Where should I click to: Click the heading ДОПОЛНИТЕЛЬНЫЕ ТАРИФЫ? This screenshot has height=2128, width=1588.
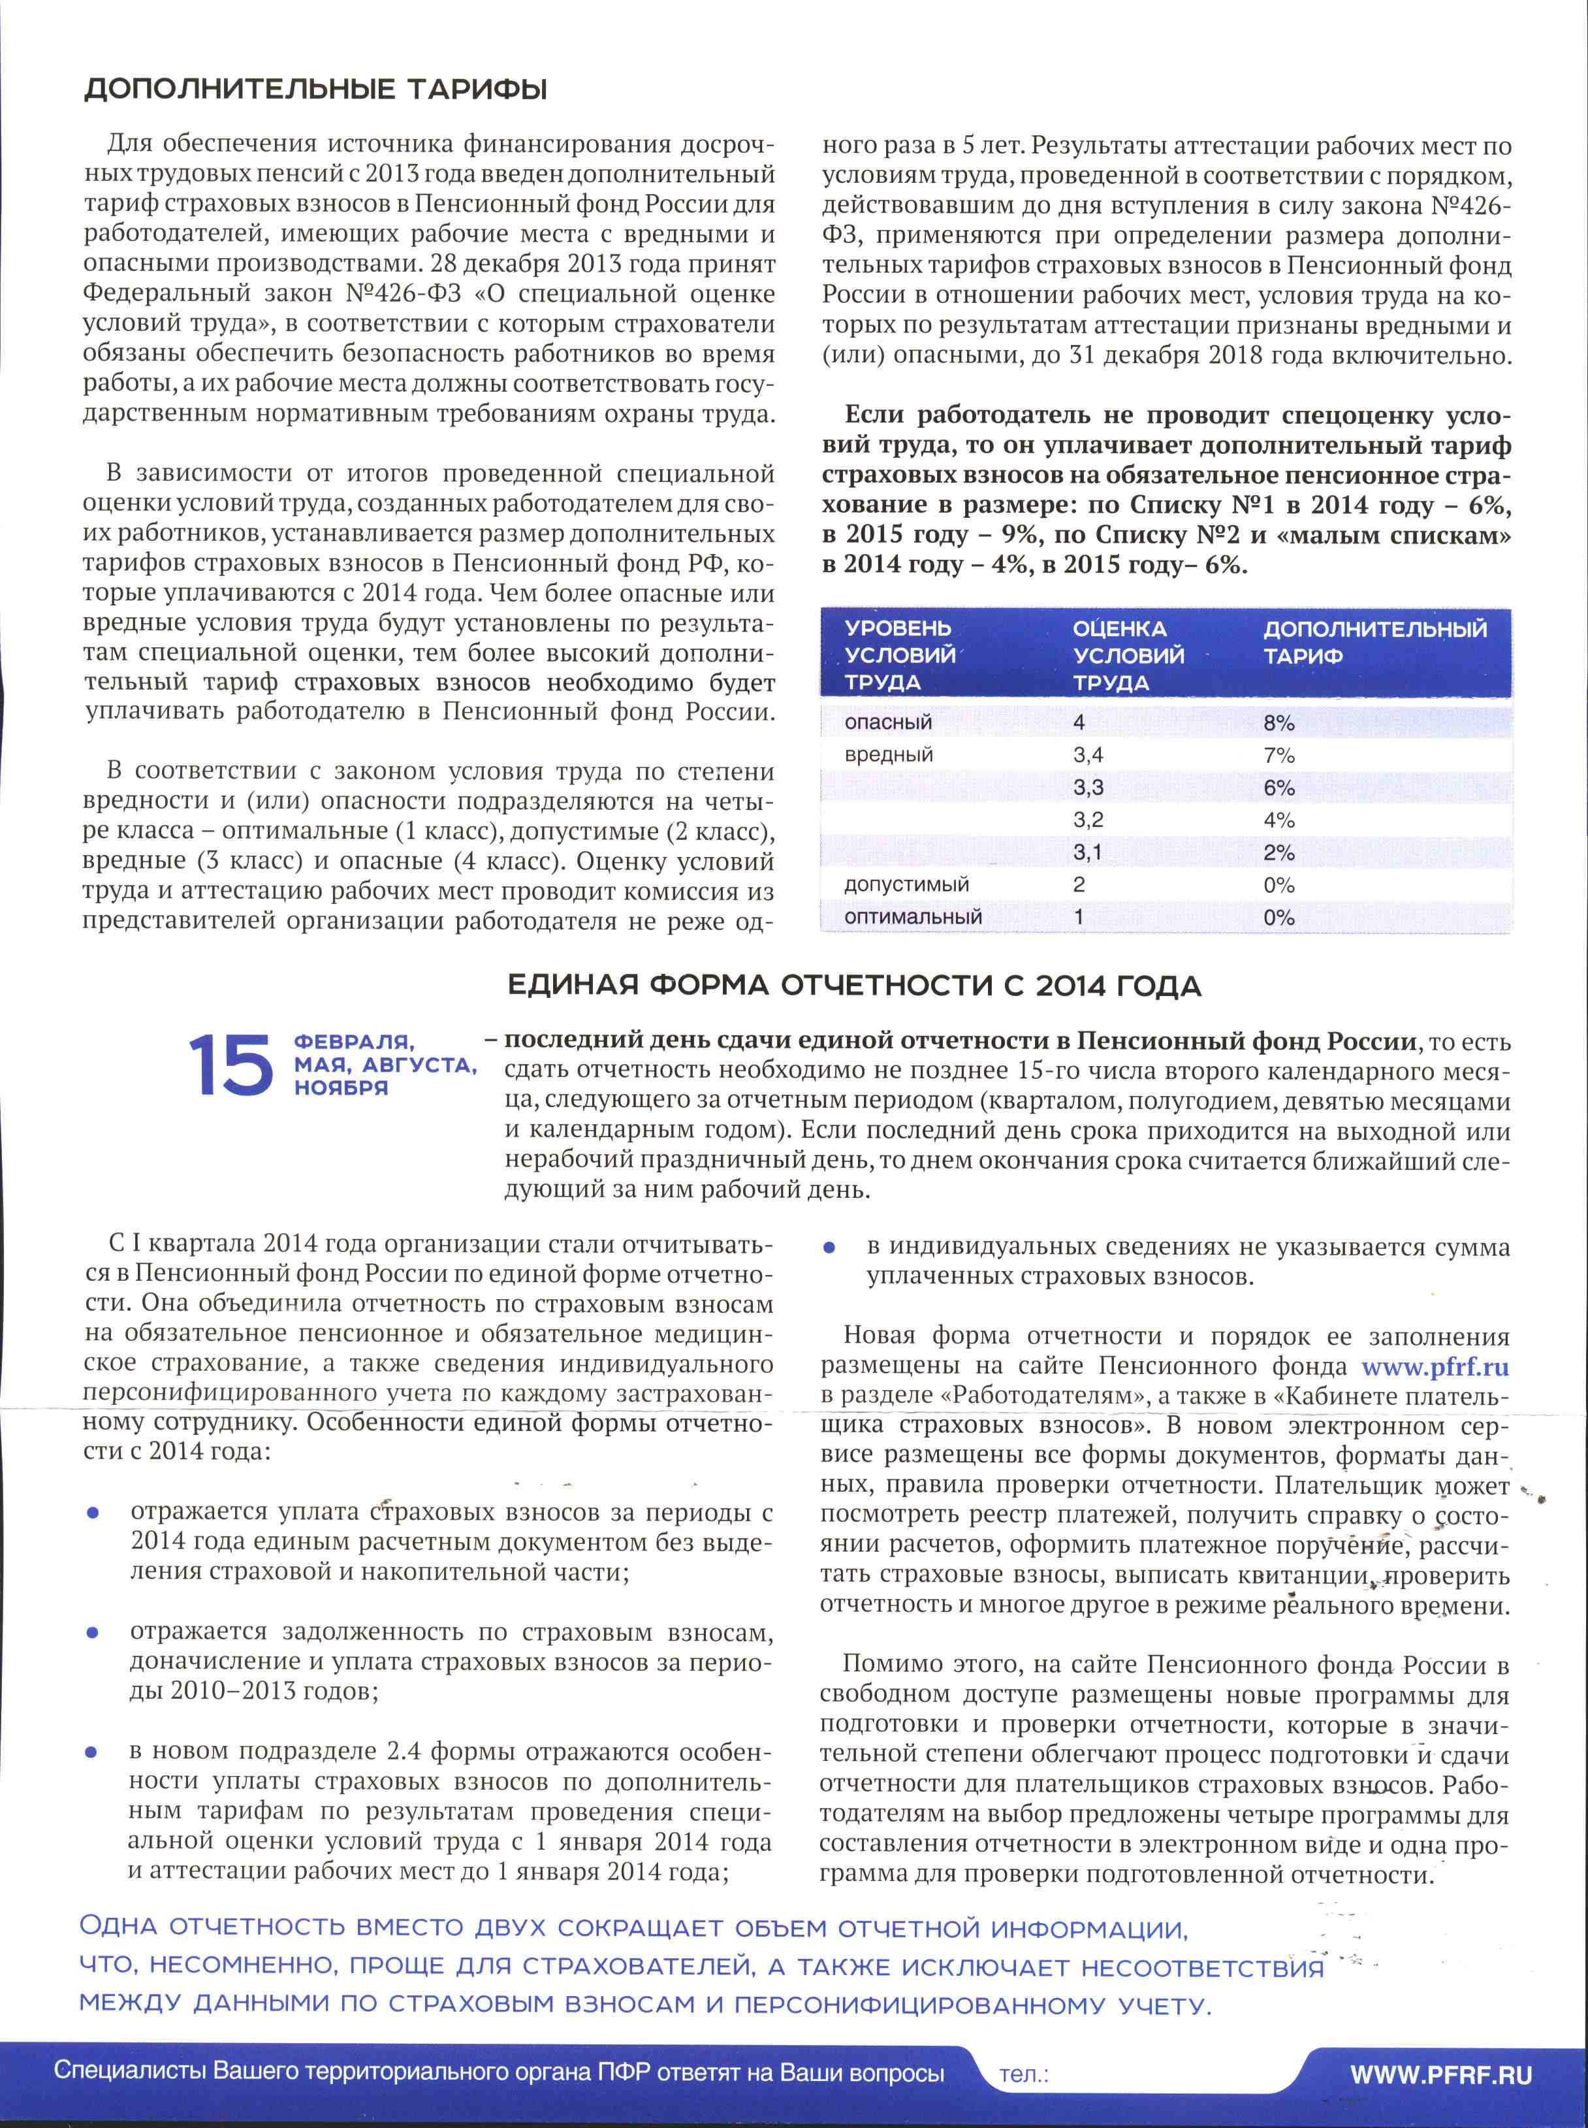pos(316,90)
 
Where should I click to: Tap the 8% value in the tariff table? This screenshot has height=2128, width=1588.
pos(1278,723)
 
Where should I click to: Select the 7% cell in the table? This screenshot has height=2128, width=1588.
pos(1278,756)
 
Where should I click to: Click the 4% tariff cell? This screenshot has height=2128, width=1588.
pos(1278,820)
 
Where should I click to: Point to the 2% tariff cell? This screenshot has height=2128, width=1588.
pos(1278,853)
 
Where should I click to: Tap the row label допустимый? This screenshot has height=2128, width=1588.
pos(906,884)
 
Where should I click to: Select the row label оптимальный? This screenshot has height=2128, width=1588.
pos(913,917)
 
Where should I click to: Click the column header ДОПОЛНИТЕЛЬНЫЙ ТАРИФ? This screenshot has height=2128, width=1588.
pos(1374,642)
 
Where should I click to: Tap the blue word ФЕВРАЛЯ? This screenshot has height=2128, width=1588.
pos(354,1042)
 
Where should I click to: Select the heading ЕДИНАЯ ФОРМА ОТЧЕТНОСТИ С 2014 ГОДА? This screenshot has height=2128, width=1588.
pos(853,986)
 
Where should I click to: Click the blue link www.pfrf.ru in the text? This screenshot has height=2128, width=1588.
pos(1435,1367)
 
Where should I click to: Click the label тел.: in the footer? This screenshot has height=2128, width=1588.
pos(1023,2074)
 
